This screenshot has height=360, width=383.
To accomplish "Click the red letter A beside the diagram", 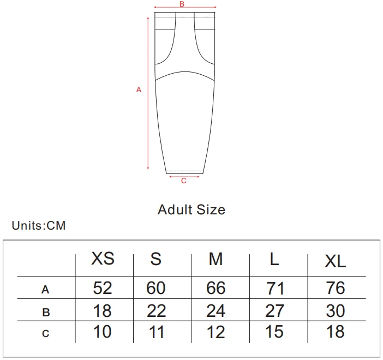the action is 139,89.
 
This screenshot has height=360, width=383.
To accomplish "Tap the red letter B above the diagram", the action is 182,4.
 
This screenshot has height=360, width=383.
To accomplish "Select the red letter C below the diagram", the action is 184,181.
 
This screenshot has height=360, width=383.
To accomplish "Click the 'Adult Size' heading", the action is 191,210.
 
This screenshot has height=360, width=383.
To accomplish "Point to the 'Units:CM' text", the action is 39,225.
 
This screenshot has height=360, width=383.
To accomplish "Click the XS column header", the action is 103,258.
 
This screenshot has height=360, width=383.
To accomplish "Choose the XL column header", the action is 335,261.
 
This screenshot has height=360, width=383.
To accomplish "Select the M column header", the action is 216,259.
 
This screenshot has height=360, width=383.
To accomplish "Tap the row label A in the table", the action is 45,290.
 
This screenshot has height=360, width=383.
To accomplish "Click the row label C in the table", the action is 46,333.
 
